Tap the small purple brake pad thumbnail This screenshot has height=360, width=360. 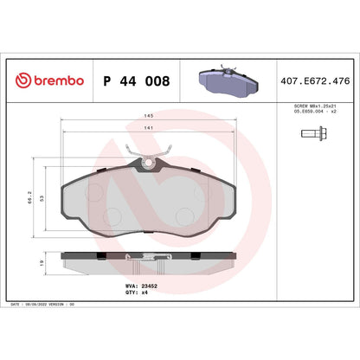pyautogui.click(x=226, y=80)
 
